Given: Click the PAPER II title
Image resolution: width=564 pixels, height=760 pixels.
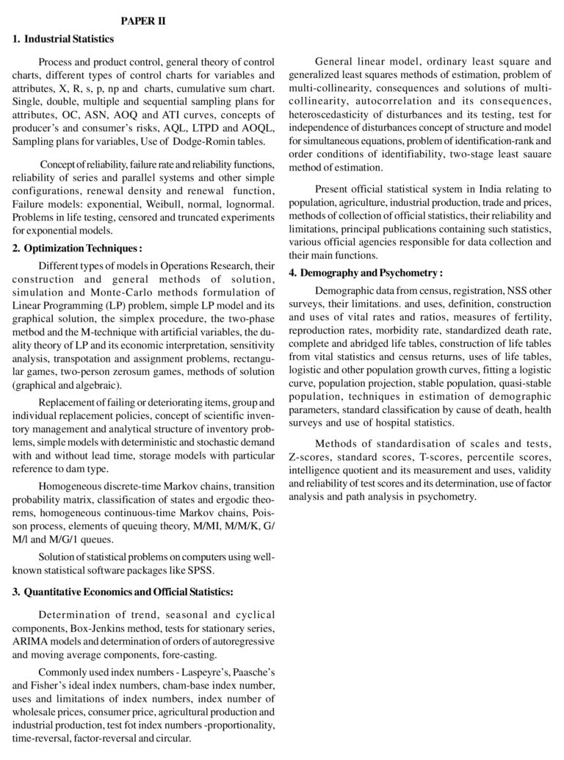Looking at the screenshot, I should point(143,21).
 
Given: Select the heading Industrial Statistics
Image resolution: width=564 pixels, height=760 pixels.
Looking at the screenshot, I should point(68,39).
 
